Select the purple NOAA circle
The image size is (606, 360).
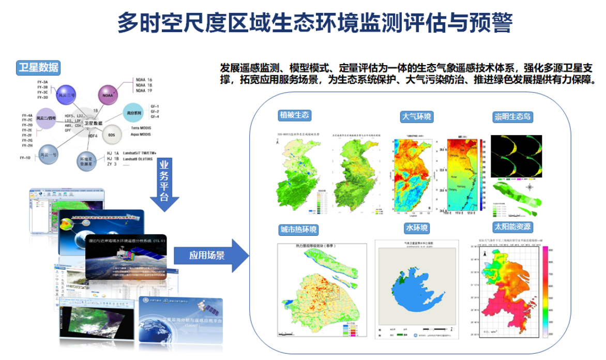coord(108,95)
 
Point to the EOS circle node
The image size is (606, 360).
coord(112,134)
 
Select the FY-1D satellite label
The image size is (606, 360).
coord(26,157)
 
